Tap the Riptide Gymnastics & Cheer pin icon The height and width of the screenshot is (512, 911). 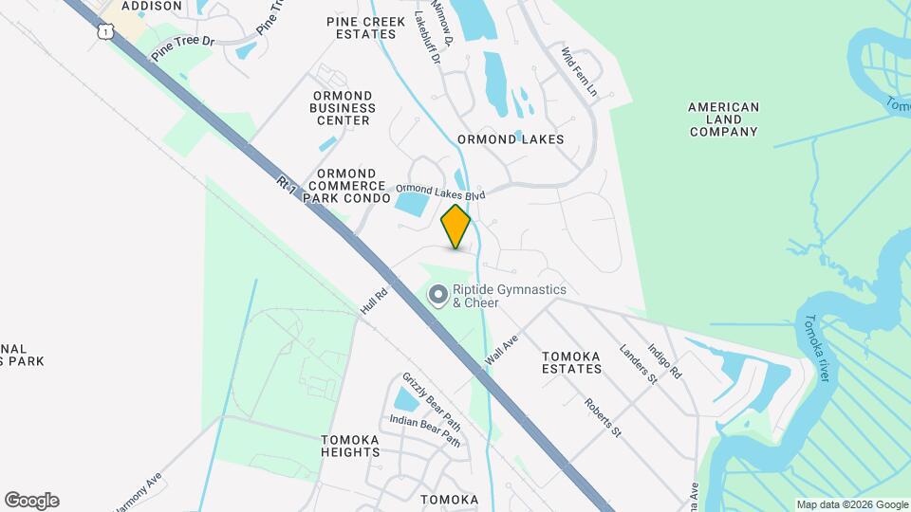pos(438,297)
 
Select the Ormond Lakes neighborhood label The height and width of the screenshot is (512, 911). pos(511,139)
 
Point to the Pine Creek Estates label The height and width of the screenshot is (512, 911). pos(365,27)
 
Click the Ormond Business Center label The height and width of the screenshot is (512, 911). pos(344,108)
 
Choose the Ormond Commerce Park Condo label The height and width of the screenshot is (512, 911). pos(352,187)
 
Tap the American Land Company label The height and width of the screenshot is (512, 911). pos(723,119)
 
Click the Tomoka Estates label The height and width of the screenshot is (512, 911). pos(571,363)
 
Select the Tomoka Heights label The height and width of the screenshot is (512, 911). pos(350,446)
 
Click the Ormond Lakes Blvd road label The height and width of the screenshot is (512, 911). pos(440,191)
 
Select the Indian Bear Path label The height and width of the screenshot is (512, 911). pos(425,431)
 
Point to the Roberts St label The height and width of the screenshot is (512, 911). pos(603,417)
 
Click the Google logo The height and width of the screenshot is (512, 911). pos(31,501)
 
